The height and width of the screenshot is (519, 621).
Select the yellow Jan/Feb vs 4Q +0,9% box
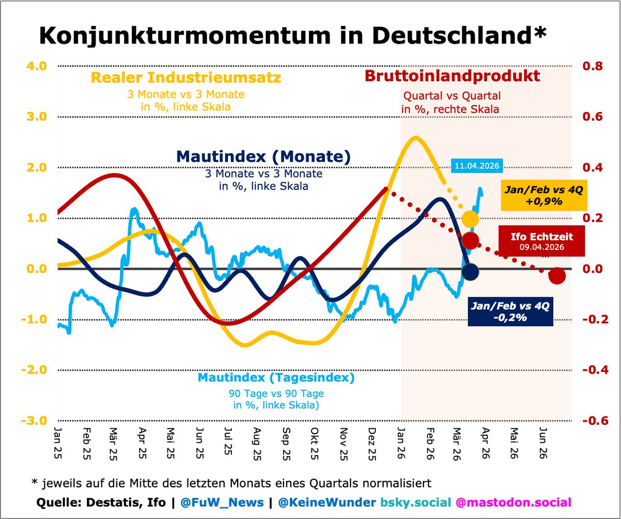click(543, 195)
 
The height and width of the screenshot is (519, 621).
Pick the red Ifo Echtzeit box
click(541, 241)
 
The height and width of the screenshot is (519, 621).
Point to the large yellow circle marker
click(470, 219)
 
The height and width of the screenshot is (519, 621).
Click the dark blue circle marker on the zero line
click(470, 271)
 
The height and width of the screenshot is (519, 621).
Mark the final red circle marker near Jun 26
click(557, 276)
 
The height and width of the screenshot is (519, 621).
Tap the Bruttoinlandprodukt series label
click(452, 76)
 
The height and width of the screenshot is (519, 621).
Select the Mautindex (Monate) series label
click(263, 156)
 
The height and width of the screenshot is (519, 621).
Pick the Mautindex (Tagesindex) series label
click(276, 378)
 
